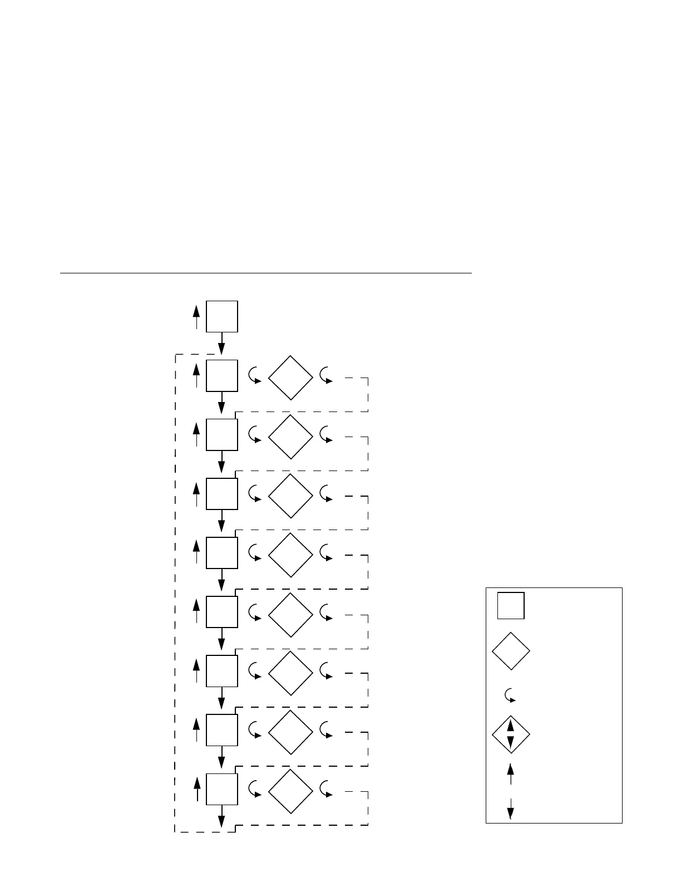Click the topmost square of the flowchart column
tap(222, 316)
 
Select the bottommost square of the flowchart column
tap(222, 788)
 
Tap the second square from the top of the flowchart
tap(222, 375)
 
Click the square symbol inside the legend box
tap(511, 605)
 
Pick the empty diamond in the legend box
tap(511, 650)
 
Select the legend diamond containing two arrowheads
tap(511, 735)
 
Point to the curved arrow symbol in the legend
tap(510, 695)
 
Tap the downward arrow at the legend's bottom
tap(510, 809)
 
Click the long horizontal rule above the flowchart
tap(265, 273)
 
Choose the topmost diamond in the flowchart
tap(290, 378)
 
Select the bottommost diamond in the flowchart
tap(290, 792)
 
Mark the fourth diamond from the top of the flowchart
tap(290, 555)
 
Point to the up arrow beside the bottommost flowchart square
tap(196, 790)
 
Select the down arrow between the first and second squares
tap(221, 344)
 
